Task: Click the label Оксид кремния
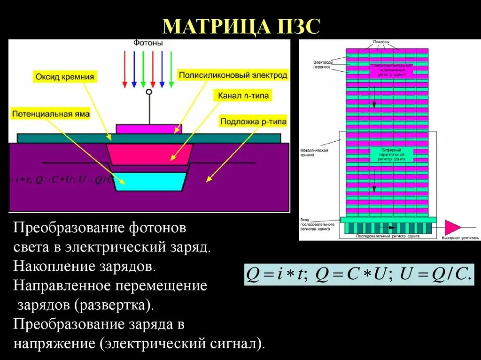point(64,77)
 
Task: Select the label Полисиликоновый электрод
point(233,75)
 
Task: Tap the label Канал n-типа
point(243,96)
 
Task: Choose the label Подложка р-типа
point(253,122)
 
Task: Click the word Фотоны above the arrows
point(148,43)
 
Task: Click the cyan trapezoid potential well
point(150,182)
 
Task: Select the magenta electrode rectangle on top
point(148,129)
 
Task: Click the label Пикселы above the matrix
point(381,42)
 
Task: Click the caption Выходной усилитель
point(455,238)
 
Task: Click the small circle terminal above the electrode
point(149,92)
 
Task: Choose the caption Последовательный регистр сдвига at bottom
point(388,237)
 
